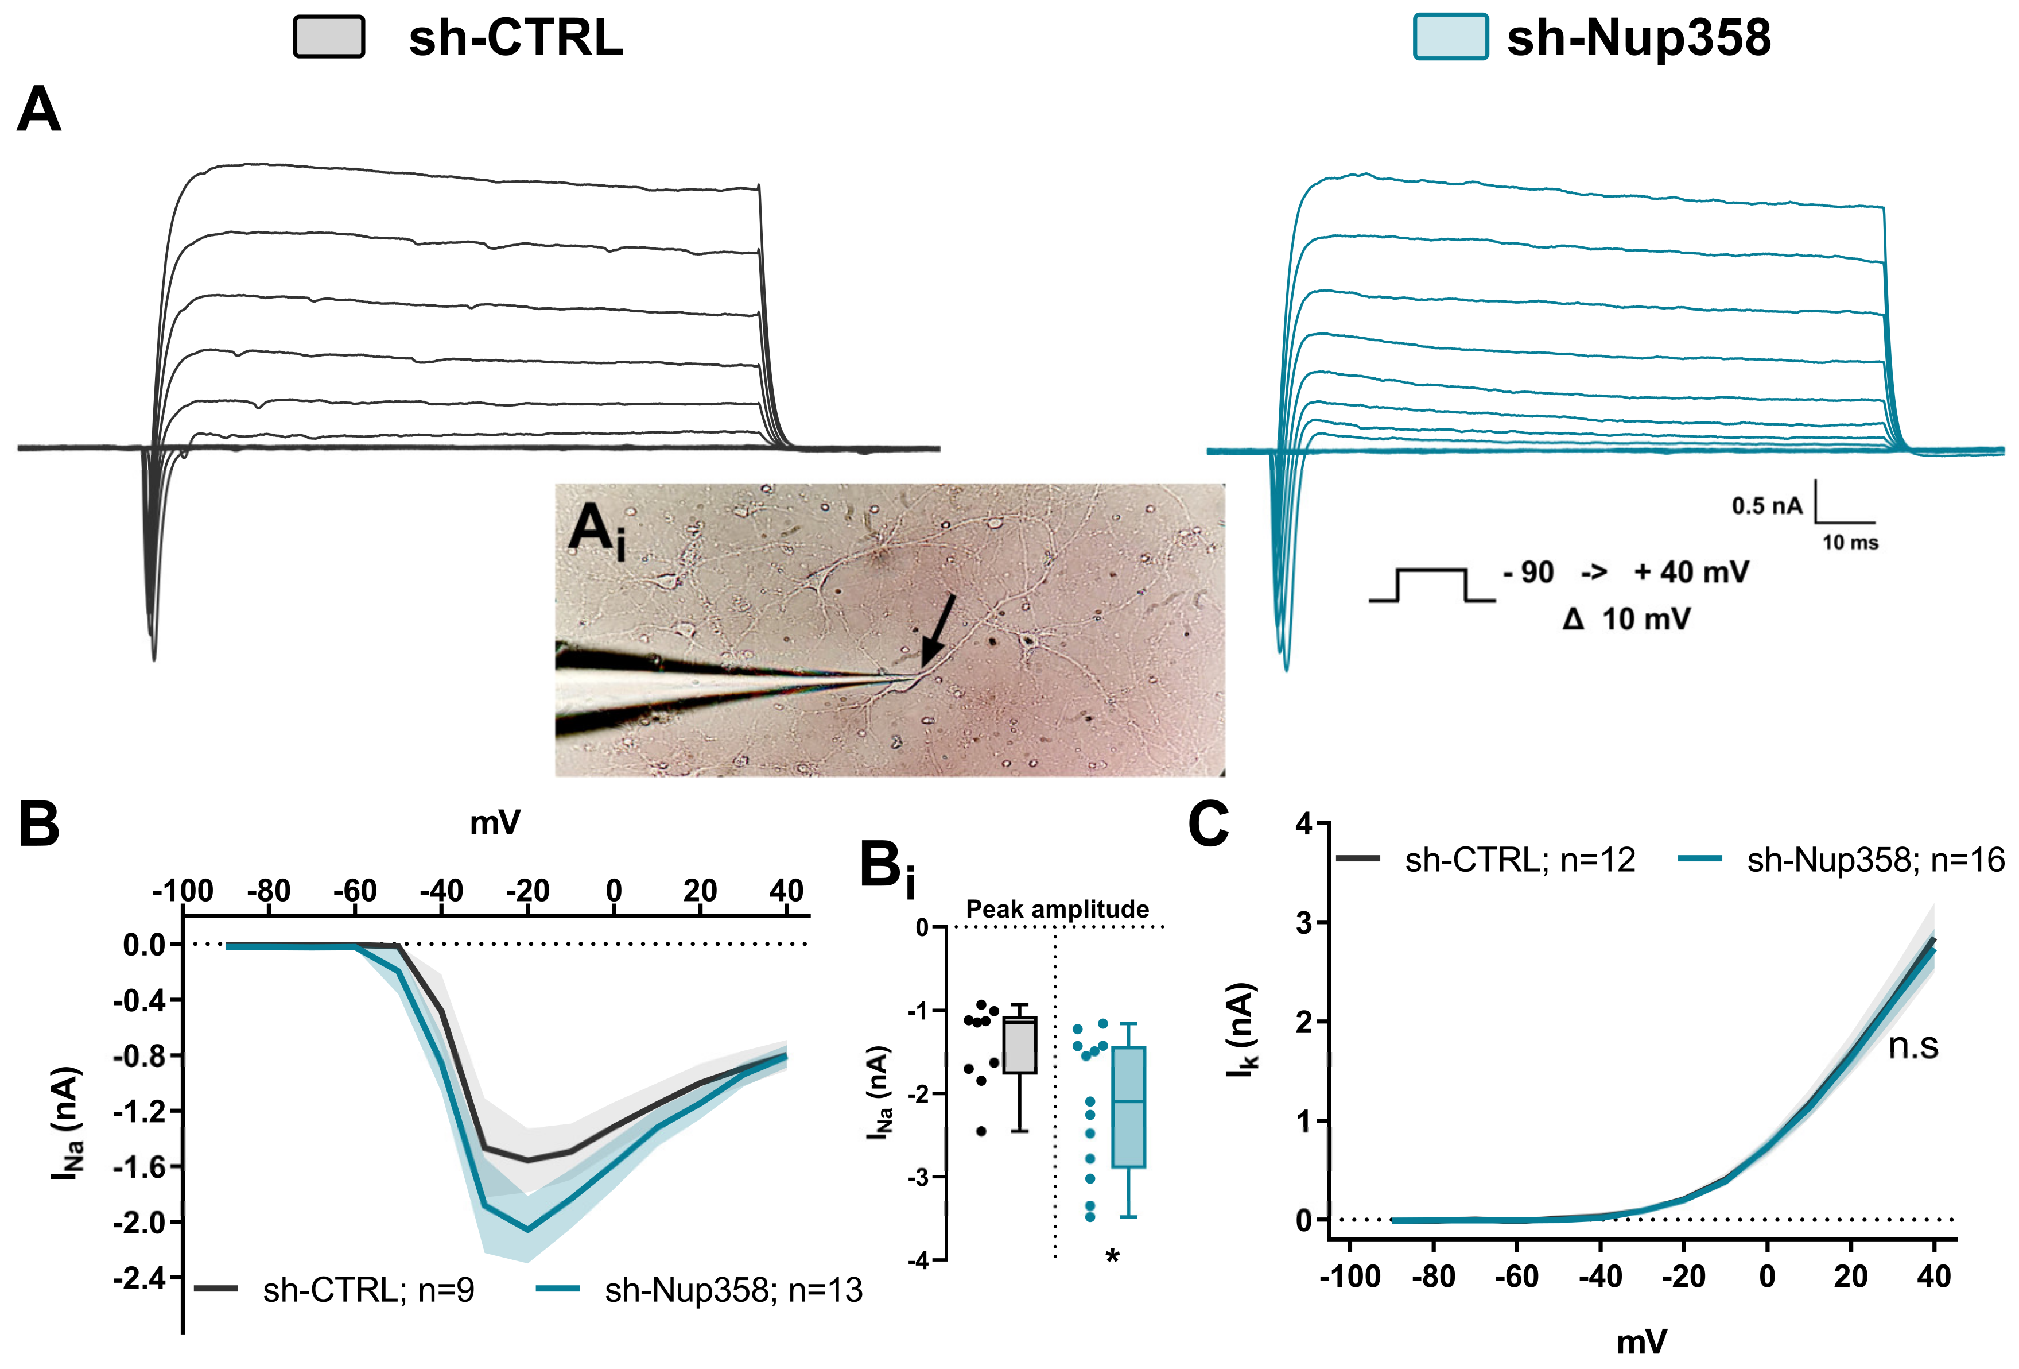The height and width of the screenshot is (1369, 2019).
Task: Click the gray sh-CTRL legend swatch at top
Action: [x=328, y=37]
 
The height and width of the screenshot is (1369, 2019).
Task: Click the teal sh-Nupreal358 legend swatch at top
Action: [x=1450, y=37]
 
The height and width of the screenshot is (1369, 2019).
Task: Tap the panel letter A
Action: [x=39, y=110]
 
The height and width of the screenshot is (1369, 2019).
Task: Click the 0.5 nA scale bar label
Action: [x=1766, y=506]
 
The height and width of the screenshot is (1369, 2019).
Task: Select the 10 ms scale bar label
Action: [x=1850, y=543]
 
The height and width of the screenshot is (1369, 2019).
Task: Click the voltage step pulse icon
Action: [x=1431, y=585]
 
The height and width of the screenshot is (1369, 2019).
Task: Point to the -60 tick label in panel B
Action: [x=355, y=891]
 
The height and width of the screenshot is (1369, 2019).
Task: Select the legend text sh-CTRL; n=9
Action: [x=368, y=1290]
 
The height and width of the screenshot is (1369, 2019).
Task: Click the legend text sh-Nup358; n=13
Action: [x=733, y=1290]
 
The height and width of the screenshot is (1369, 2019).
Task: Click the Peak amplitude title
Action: [x=1057, y=909]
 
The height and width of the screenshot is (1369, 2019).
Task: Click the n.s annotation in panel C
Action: [x=1913, y=1046]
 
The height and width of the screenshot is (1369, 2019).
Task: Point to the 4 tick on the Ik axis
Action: [x=1303, y=823]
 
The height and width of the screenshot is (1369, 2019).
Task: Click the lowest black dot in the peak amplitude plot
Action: [x=982, y=1131]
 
